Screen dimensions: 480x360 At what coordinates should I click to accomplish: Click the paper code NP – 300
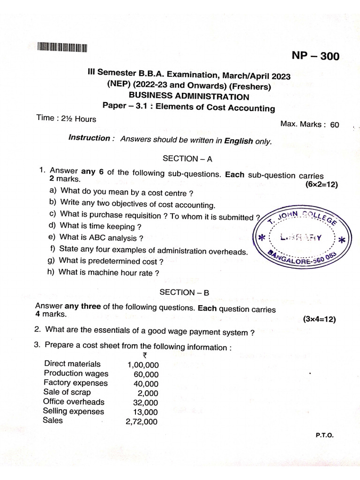[315, 56]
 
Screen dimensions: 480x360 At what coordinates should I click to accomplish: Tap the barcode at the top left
[63, 47]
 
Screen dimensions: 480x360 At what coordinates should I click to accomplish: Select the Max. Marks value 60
[334, 125]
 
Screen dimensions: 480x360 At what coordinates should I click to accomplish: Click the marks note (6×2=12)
[321, 184]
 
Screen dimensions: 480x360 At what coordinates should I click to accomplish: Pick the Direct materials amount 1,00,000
[142, 365]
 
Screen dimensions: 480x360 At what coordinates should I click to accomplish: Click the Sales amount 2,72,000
[142, 421]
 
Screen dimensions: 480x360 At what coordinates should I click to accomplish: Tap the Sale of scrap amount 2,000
[148, 393]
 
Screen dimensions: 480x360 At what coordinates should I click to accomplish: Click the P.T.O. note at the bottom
[324, 435]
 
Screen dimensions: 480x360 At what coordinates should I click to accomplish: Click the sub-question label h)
[51, 272]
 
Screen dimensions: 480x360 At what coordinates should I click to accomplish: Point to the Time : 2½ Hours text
[66, 119]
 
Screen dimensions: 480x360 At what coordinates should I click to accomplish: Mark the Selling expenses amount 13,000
[145, 412]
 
